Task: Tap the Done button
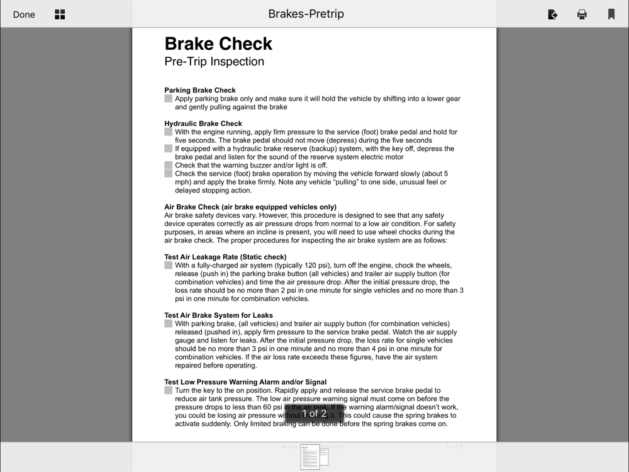[24, 14]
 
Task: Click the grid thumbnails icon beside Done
[60, 14]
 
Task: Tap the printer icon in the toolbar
[582, 14]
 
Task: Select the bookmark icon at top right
[611, 14]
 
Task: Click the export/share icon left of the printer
[552, 14]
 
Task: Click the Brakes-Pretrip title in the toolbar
[306, 14]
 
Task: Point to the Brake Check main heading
[218, 43]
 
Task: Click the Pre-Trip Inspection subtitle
[214, 62]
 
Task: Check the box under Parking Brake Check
[169, 99]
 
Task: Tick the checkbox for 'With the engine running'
[169, 132]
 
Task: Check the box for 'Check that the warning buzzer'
[169, 166]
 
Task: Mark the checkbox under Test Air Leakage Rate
[169, 266]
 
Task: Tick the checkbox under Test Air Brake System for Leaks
[169, 324]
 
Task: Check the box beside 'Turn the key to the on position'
[169, 390]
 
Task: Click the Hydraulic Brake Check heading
[203, 123]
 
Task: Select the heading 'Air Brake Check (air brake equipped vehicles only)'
[250, 207]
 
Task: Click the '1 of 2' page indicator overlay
[314, 413]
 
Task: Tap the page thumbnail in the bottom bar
[313, 457]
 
